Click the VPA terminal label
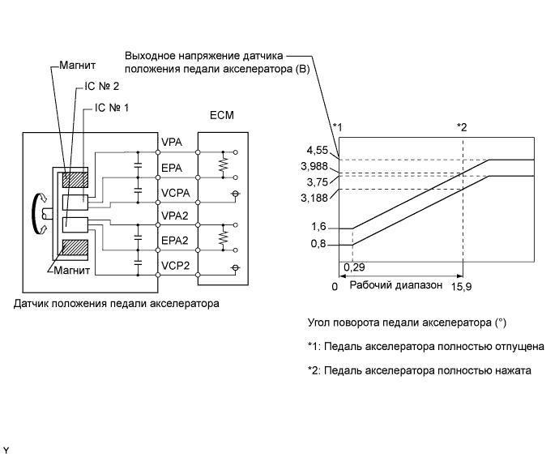point(171,143)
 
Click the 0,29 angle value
point(353,266)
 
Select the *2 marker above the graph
point(462,126)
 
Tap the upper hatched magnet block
point(74,178)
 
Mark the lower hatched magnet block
point(74,248)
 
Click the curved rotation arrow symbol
point(36,212)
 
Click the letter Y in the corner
point(6,449)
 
